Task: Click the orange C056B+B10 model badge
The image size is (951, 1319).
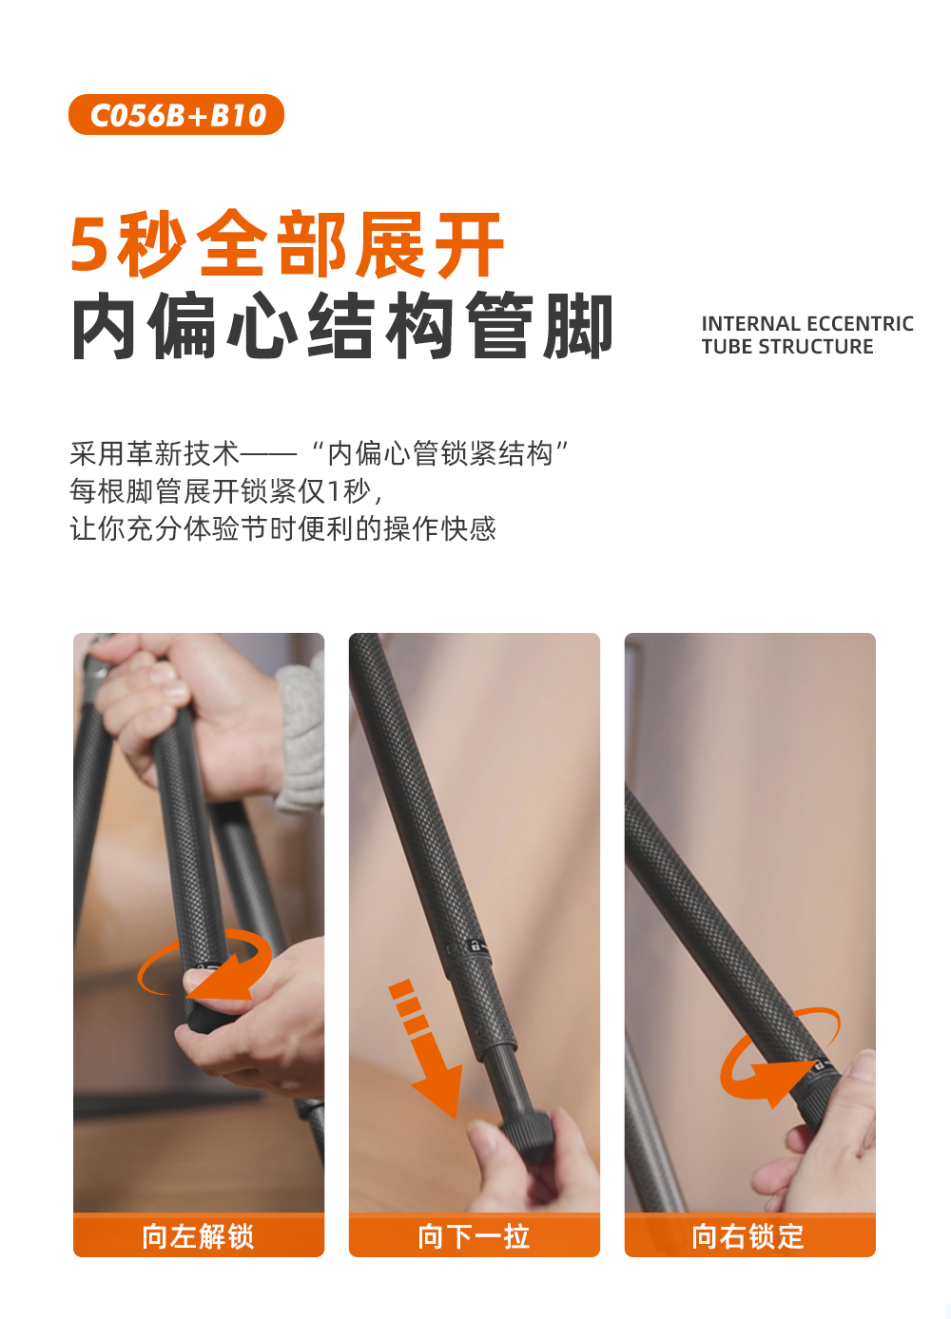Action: [x=176, y=114]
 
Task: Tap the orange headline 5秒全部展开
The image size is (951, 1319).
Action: [x=287, y=244]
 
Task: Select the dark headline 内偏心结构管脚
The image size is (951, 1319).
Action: [x=342, y=326]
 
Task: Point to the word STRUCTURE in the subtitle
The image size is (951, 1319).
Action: [x=815, y=347]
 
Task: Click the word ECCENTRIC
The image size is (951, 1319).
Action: [x=860, y=324]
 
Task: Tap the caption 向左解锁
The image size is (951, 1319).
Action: [x=198, y=1236]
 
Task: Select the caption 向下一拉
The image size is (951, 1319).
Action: [x=474, y=1236]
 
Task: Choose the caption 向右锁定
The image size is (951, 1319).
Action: [x=748, y=1236]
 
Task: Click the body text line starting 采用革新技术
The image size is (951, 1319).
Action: [x=319, y=453]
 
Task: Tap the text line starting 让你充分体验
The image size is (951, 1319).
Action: [x=282, y=528]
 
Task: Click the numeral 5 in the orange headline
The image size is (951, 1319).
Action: [x=89, y=245]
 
